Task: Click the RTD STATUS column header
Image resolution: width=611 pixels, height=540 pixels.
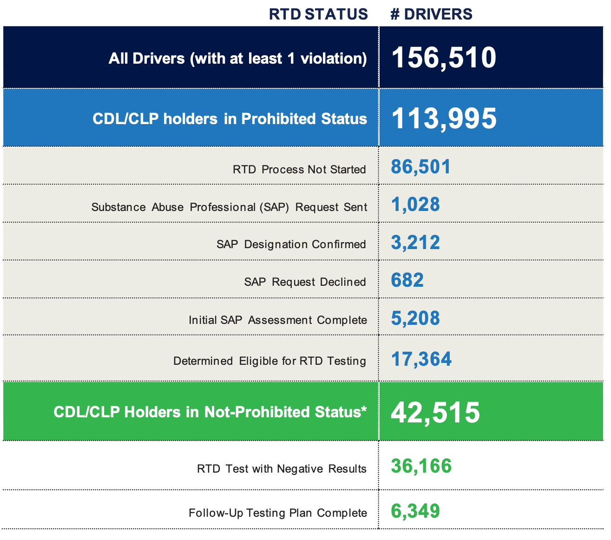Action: click(x=318, y=14)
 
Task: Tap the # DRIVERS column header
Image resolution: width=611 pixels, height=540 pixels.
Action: click(x=431, y=14)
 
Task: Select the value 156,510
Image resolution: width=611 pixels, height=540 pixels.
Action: click(x=444, y=58)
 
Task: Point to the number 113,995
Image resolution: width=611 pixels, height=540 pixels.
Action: click(x=444, y=118)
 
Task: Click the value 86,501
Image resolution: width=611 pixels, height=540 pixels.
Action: click(x=420, y=167)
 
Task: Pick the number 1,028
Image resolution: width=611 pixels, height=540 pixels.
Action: click(x=415, y=205)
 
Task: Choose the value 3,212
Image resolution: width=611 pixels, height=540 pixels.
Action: click(x=415, y=243)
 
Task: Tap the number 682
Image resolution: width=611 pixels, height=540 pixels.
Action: click(x=407, y=280)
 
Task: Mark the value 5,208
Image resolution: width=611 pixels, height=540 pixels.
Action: click(x=415, y=318)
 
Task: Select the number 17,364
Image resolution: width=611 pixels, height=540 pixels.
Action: click(x=421, y=359)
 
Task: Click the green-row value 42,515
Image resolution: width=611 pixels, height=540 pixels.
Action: click(x=435, y=412)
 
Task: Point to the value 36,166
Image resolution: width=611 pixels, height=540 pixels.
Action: click(x=421, y=466)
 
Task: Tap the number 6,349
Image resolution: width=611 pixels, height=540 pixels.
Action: click(x=415, y=511)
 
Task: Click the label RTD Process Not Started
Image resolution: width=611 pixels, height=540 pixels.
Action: click(x=299, y=170)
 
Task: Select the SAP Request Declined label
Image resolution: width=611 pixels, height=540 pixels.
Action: click(x=305, y=282)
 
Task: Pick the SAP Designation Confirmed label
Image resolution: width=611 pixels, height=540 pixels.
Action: click(x=291, y=244)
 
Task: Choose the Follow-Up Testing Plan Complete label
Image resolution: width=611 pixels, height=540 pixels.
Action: click(x=277, y=513)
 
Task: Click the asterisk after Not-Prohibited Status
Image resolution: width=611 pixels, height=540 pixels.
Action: click(x=364, y=409)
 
